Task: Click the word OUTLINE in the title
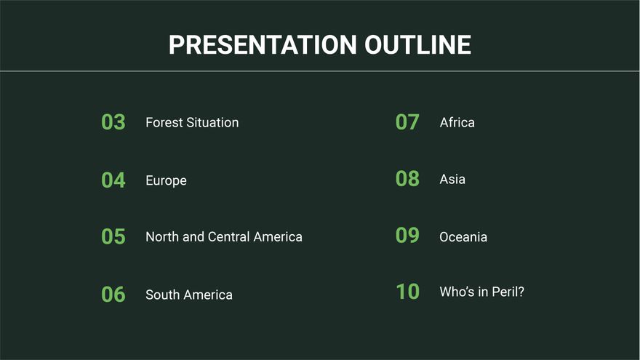pyautogui.click(x=417, y=45)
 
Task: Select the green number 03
pyautogui.click(x=113, y=122)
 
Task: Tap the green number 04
pyautogui.click(x=113, y=180)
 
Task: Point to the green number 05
pyautogui.click(x=113, y=236)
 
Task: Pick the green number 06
pyautogui.click(x=113, y=295)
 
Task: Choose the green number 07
pyautogui.click(x=407, y=122)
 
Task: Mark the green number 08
pyautogui.click(x=407, y=179)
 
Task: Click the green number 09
pyautogui.click(x=407, y=236)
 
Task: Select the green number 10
pyautogui.click(x=407, y=292)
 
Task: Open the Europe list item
pyautogui.click(x=166, y=181)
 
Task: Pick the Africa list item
pyautogui.click(x=457, y=122)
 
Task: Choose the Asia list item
pyautogui.click(x=452, y=179)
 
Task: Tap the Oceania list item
pyautogui.click(x=463, y=237)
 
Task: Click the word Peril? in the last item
pyautogui.click(x=508, y=292)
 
